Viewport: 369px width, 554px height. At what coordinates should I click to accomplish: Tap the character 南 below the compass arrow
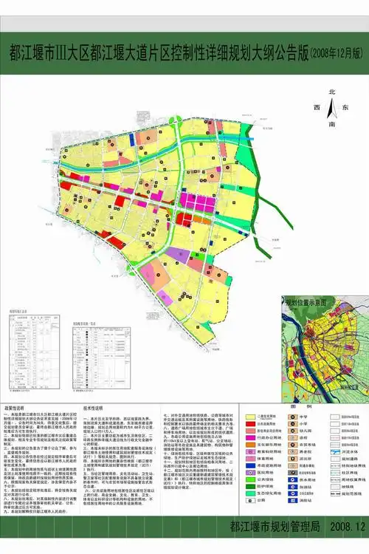point(332,125)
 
